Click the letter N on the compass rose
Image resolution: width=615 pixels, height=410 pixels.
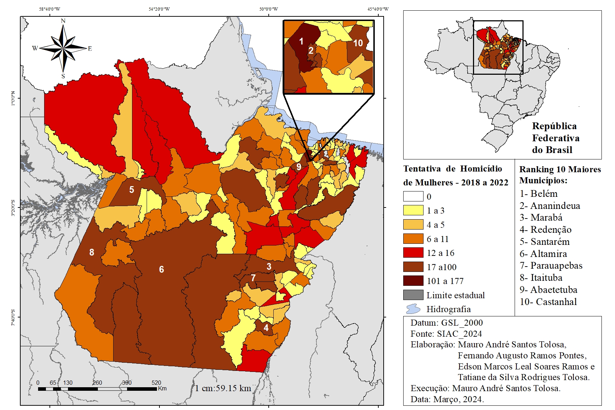coord(63,21)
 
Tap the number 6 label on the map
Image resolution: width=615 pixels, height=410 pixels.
coord(162,269)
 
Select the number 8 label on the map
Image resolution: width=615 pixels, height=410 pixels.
coord(92,252)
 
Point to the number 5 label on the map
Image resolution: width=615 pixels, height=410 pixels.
coord(132,190)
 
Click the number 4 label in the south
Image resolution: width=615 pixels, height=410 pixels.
coord(266,328)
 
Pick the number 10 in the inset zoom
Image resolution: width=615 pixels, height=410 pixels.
coord(358,43)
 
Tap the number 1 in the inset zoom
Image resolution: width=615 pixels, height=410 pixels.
coord(301,42)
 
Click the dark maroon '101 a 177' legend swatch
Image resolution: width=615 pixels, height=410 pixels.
coord(413,281)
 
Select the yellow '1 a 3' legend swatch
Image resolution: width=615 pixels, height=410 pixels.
coord(413,210)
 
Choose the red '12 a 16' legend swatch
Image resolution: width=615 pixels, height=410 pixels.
coord(413,253)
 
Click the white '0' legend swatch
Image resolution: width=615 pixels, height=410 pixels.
coord(413,196)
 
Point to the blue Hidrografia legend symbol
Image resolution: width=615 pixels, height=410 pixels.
coord(413,309)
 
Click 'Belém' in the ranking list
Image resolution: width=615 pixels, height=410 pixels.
coord(544,194)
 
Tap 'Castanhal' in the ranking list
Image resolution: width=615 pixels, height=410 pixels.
coord(556,302)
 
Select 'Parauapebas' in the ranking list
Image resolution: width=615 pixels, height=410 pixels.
coord(556,266)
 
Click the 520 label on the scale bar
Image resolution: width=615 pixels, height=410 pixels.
coord(156,383)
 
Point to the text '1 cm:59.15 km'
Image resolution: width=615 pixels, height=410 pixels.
coord(223,388)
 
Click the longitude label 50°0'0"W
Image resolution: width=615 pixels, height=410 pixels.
coord(269,9)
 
